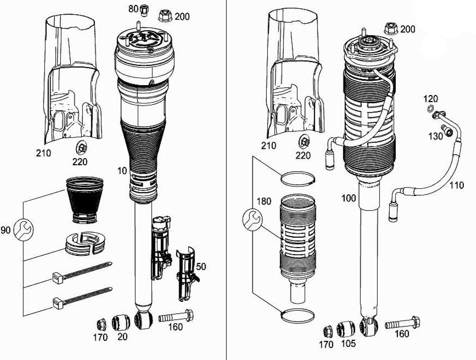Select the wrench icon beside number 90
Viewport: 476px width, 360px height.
21,228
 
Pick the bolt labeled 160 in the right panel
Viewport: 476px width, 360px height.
403,325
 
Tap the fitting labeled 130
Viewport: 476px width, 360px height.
449,131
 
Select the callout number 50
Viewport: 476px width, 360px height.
201,267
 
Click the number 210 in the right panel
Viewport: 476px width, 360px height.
269,146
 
